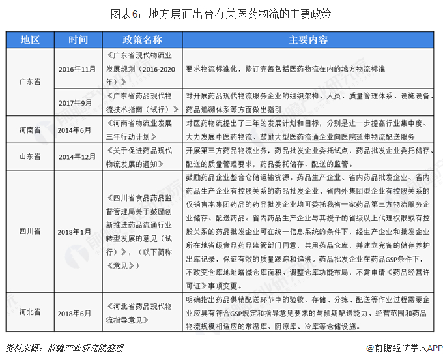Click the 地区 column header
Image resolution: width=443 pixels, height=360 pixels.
click(29, 39)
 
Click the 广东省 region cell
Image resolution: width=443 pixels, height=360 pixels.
click(29, 82)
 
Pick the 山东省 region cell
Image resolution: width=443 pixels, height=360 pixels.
click(29, 157)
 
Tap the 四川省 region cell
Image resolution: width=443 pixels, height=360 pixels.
click(29, 232)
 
